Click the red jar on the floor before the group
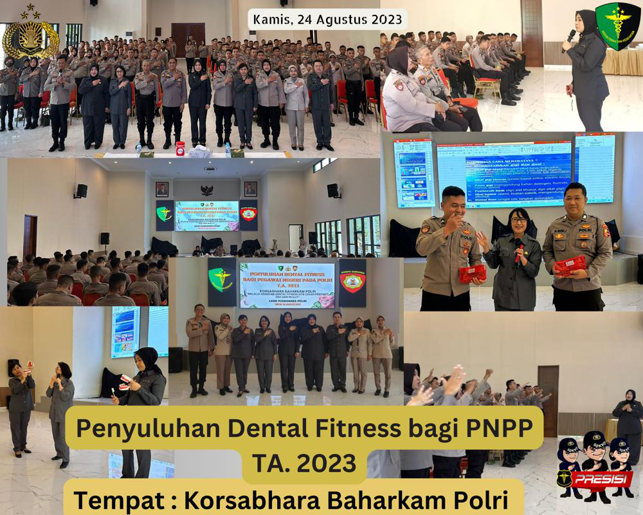(180, 147)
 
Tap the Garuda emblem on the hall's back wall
(206, 191)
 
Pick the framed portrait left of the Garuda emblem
(162, 189)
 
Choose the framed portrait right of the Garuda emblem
(250, 189)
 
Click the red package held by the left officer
(472, 274)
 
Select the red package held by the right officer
(570, 265)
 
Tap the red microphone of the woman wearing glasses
(518, 248)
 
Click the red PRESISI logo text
(595, 479)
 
